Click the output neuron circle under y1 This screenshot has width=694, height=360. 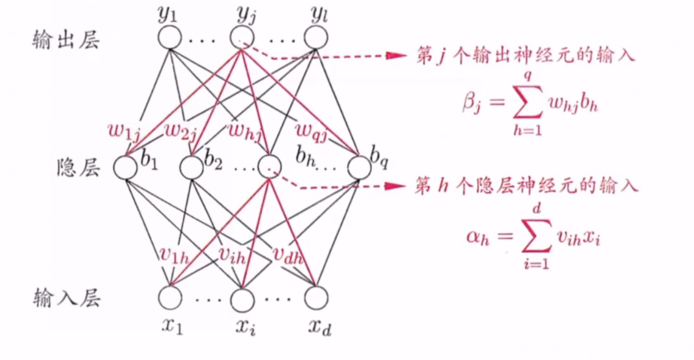pos(170,37)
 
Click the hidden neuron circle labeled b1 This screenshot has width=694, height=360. pos(125,167)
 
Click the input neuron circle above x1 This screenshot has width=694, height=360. pos(170,299)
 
